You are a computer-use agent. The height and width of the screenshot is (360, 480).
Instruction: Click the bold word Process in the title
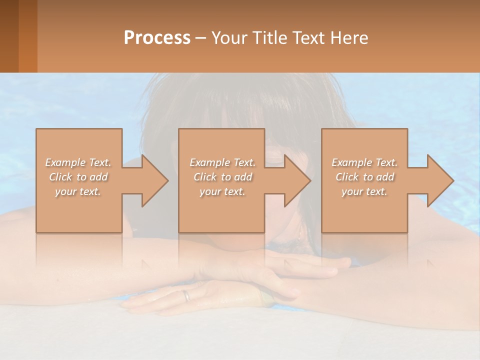(157, 38)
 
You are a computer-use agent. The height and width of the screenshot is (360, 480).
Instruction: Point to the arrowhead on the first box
(150, 180)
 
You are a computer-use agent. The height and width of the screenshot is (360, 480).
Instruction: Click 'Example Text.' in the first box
(78, 162)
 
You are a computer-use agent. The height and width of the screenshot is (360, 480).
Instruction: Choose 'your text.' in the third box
(364, 191)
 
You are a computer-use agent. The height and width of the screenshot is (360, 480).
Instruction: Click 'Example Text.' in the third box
(364, 162)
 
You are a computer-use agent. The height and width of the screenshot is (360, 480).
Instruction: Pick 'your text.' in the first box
(78, 191)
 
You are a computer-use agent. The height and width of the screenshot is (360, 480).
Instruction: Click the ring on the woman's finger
(186, 295)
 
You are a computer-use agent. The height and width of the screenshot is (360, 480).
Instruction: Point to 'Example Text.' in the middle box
(223, 162)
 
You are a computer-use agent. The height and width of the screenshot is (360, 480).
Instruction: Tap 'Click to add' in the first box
(78, 177)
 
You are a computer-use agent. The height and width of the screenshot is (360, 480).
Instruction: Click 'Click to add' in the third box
(364, 177)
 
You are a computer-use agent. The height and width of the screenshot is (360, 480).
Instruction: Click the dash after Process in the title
(200, 38)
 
